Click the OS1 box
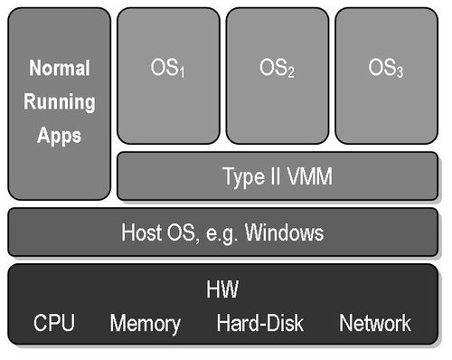tap(168, 76)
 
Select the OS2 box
tap(277, 76)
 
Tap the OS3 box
tap(386, 76)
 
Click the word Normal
tap(59, 69)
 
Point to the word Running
tap(59, 102)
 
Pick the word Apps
tap(59, 136)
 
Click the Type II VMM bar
tap(278, 176)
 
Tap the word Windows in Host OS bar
tap(288, 232)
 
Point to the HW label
tap(222, 289)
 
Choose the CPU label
tap(54, 323)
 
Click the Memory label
tap(146, 323)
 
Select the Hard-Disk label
tap(260, 323)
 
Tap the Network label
tap(374, 323)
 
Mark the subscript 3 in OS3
tap(400, 72)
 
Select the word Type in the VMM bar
tap(243, 177)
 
